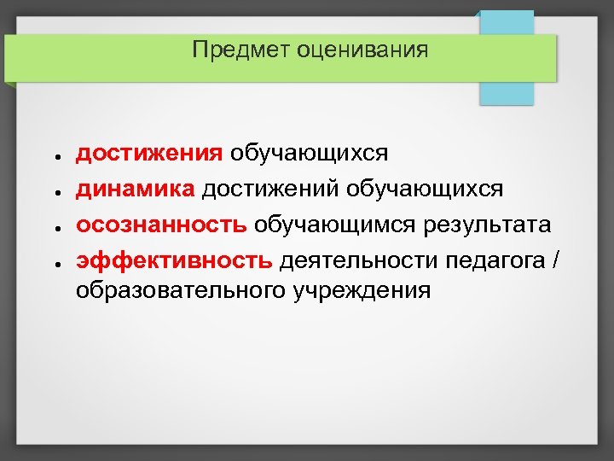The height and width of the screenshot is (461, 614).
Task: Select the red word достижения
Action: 149,153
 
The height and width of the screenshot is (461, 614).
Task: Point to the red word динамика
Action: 136,189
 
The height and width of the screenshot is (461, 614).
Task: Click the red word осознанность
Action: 162,225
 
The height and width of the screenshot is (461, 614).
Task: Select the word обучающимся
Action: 334,225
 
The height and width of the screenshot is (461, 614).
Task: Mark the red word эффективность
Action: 175,260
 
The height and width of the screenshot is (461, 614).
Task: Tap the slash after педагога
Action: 557,260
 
